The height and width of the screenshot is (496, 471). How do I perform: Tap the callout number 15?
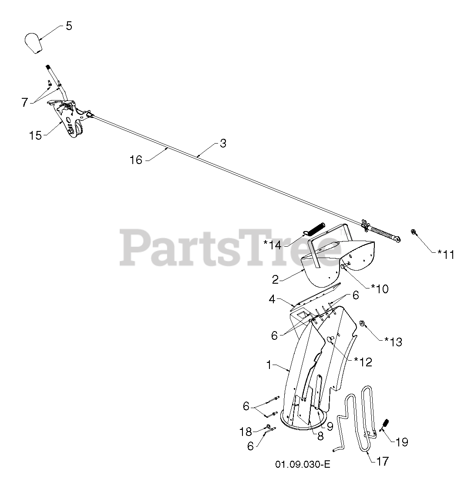pyautogui.click(x=35, y=135)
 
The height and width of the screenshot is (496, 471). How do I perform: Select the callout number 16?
pyautogui.click(x=136, y=160)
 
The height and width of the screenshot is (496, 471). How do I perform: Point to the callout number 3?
pyautogui.click(x=223, y=144)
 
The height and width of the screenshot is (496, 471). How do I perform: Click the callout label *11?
pyautogui.click(x=446, y=255)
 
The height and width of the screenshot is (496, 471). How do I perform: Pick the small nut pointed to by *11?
pyautogui.click(x=413, y=231)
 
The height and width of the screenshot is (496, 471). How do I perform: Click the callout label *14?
pyautogui.click(x=273, y=245)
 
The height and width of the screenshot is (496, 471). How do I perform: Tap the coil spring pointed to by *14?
pyautogui.click(x=316, y=228)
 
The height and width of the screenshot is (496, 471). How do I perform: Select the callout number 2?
pyautogui.click(x=275, y=279)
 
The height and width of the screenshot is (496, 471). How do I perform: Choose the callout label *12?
pyautogui.click(x=363, y=362)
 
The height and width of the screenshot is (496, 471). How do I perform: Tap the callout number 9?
pyautogui.click(x=330, y=427)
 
